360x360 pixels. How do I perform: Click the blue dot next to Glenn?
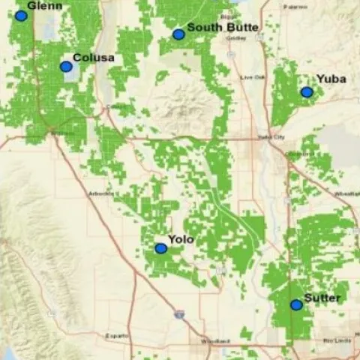point(21,16)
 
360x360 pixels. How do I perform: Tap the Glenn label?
point(44,6)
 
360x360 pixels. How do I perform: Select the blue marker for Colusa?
point(66,67)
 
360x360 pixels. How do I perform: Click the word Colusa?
point(94,58)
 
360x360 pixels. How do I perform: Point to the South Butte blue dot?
point(178,34)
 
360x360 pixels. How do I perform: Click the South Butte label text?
point(223,28)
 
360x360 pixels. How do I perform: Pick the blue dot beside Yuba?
point(307,92)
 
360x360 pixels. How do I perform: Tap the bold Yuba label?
point(331,79)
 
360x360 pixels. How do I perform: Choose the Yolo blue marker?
point(160,248)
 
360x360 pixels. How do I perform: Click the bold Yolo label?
point(181,239)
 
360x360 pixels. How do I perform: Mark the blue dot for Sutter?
point(296,304)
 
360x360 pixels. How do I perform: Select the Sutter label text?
point(322,298)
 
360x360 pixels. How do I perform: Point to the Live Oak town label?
point(253,77)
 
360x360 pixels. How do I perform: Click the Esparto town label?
point(116,335)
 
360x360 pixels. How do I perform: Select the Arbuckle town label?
point(101,193)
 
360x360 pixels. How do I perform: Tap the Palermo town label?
point(295,7)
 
